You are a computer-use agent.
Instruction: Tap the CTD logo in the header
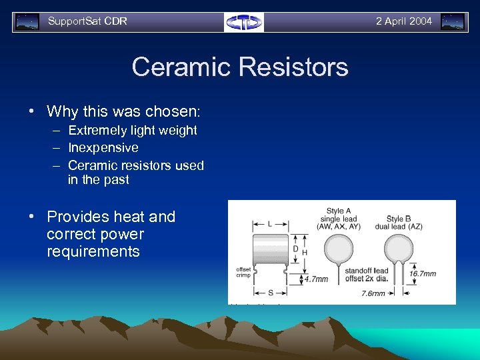[x=243, y=22]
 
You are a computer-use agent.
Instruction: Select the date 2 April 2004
[x=403, y=21]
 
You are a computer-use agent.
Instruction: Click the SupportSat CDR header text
[x=87, y=21]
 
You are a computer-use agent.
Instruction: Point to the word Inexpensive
[x=103, y=147]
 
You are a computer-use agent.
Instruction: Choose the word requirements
[x=93, y=251]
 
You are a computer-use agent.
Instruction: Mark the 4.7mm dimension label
[x=316, y=279]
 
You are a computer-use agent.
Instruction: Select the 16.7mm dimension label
[x=423, y=273]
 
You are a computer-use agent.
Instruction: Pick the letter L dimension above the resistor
[x=269, y=224]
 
